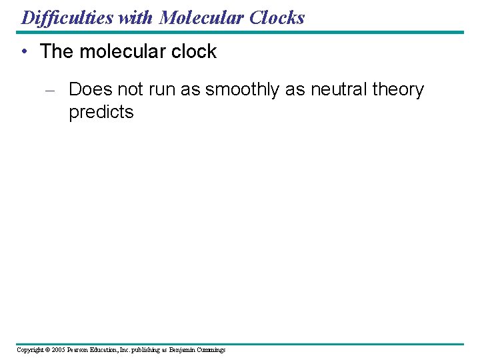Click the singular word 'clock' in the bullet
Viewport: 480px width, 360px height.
click(193, 52)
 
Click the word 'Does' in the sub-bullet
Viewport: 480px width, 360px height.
click(90, 90)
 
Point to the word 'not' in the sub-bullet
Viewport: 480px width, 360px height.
click(131, 90)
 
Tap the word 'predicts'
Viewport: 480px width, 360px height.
click(101, 112)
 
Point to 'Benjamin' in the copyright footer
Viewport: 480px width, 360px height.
click(183, 349)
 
